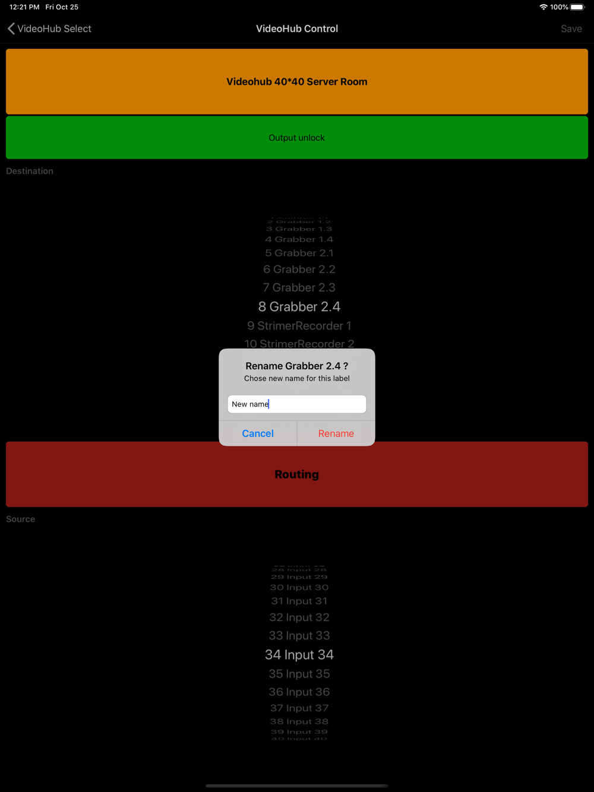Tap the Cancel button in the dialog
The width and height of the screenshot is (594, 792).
pos(258,433)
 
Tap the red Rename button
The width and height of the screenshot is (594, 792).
pos(336,433)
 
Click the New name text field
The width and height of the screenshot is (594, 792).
pos(297,404)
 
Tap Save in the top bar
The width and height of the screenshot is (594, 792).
pos(571,28)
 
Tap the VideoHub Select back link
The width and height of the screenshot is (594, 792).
pos(50,28)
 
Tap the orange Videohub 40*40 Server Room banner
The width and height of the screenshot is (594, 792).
pos(297,81)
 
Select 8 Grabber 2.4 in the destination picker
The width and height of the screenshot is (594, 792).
pos(299,307)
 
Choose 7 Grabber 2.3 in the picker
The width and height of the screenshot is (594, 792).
pos(299,288)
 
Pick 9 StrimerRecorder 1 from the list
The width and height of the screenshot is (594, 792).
pos(299,326)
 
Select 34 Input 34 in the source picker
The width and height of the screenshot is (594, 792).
pos(299,655)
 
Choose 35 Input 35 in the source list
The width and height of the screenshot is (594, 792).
pos(299,674)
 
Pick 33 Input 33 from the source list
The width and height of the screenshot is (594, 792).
pos(299,636)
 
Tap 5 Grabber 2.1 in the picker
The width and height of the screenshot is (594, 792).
pos(299,254)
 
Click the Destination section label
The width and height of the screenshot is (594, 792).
pos(30,171)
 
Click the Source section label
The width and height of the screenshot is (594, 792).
pos(21,519)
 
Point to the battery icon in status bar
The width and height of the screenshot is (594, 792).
pos(577,7)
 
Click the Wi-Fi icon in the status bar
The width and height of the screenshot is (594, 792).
pos(544,7)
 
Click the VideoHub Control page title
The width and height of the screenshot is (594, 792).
pos(297,28)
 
